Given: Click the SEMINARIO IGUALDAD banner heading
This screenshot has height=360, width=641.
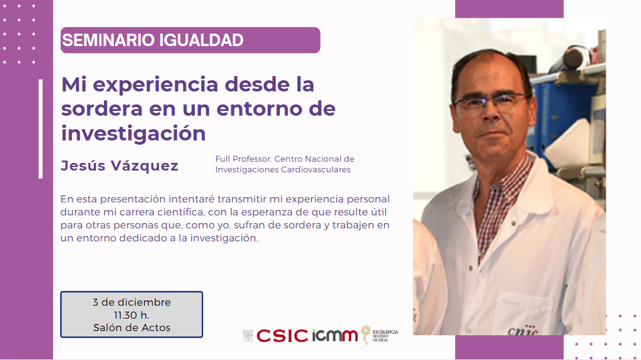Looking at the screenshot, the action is [x=152, y=40].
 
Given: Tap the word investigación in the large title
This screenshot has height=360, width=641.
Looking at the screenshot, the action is [x=133, y=134].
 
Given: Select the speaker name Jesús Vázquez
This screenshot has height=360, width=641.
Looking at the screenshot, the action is [x=119, y=165].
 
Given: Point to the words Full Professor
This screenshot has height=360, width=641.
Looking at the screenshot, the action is [x=243, y=159].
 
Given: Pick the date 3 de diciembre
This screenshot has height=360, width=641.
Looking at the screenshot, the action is [x=132, y=302].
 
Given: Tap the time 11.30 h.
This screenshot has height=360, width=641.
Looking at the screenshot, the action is [x=132, y=316].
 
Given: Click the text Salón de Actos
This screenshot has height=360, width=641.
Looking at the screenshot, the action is [x=132, y=328].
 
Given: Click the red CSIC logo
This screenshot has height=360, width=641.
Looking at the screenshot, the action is [x=282, y=336].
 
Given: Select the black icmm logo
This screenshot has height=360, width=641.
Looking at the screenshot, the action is [x=335, y=335].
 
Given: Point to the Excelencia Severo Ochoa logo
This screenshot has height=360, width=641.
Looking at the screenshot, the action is [x=380, y=335].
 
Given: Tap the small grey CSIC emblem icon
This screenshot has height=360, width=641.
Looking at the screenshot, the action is [x=248, y=335].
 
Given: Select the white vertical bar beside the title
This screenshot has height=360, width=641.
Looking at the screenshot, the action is [x=41, y=129].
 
